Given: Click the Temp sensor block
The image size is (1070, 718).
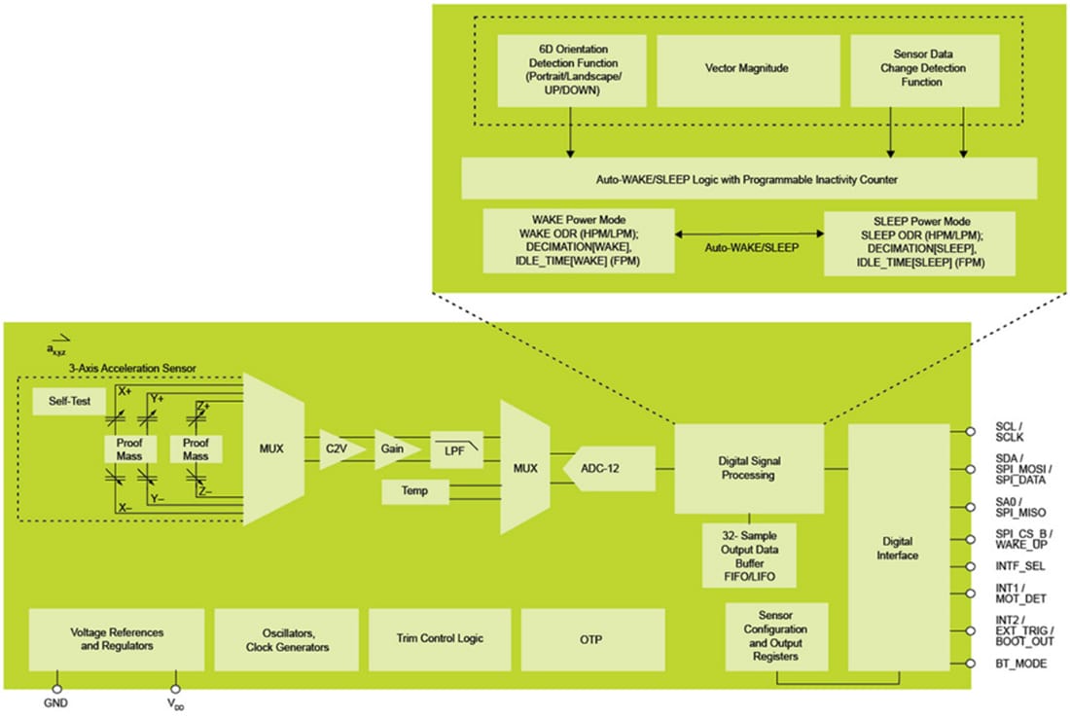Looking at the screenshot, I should [416, 493].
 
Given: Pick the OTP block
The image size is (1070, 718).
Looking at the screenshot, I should [592, 638].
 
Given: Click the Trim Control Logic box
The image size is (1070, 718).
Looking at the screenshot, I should [440, 638].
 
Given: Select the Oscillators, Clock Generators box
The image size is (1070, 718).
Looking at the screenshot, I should [286, 639].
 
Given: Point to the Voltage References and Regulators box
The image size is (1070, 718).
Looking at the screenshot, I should [116, 638].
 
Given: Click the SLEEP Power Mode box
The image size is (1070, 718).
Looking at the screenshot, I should [919, 243].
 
